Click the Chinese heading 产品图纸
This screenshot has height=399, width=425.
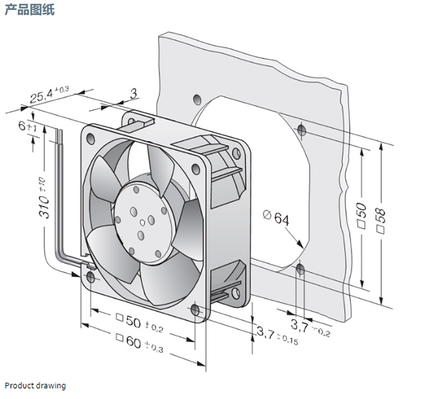pyautogui.click(x=30, y=10)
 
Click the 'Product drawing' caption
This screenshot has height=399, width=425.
pyautogui.click(x=35, y=386)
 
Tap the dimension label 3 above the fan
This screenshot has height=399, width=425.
pyautogui.click(x=133, y=93)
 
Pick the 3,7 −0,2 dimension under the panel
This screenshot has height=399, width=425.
pyautogui.click(x=310, y=326)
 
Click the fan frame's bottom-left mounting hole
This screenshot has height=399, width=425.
pyautogui.click(x=90, y=277)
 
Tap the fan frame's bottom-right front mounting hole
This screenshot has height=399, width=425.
pyautogui.click(x=196, y=311)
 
